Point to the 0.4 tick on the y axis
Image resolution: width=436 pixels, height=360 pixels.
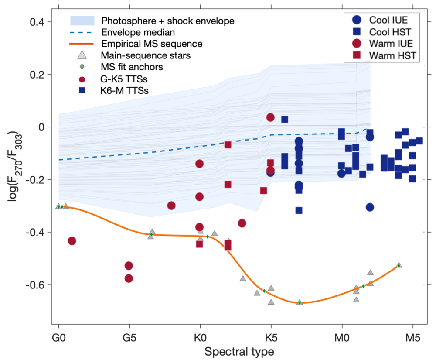point(37,22)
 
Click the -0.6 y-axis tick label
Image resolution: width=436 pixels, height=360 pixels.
point(35,285)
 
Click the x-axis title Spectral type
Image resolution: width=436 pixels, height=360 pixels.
point(239,352)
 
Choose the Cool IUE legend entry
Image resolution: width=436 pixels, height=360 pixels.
point(380,20)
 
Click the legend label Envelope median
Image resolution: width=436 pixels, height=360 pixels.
point(138,32)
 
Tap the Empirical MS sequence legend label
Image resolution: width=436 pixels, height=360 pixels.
point(152,44)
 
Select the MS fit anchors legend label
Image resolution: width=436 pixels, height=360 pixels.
point(132,67)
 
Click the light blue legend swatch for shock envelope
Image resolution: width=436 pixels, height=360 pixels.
point(82,21)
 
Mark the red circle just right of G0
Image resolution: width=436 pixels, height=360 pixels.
point(72,241)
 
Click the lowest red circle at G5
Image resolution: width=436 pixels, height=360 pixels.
point(129,278)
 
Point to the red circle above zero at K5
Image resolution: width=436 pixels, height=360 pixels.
point(270,117)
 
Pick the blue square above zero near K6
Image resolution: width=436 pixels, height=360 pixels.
point(284,120)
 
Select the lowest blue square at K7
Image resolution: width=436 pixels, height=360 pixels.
point(299,211)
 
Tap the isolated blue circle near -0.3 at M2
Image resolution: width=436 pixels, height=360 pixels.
point(370,207)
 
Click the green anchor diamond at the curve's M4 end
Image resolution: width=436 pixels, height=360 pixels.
point(399,266)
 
